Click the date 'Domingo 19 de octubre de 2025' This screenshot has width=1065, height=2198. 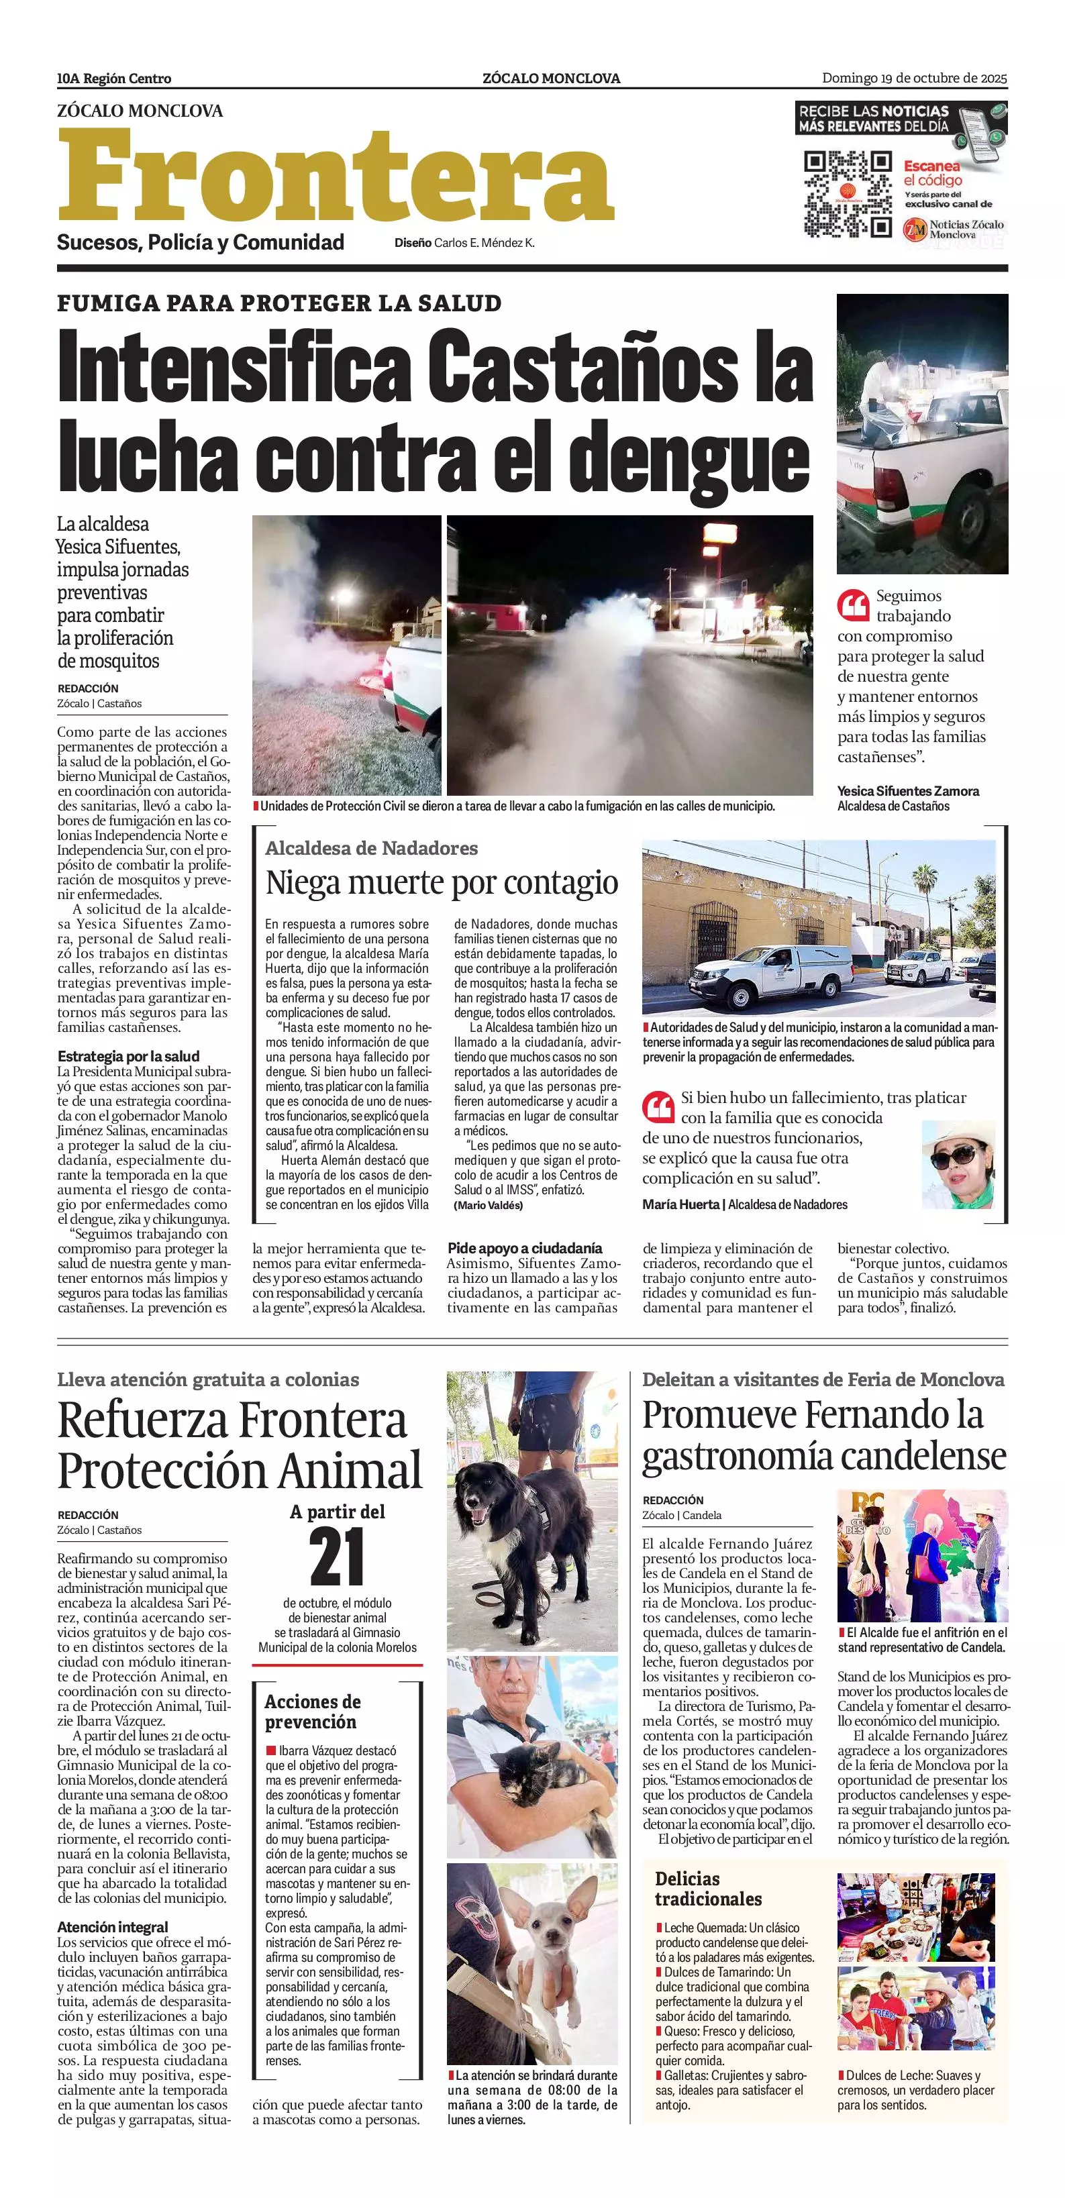coord(914,78)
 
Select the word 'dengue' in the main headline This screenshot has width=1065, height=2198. coord(689,458)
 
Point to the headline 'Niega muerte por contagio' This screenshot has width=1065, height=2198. coord(441,882)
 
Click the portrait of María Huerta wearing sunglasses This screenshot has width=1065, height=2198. coord(958,1164)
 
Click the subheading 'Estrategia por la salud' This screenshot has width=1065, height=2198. coord(128,1055)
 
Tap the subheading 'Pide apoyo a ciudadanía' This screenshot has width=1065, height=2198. coord(524,1247)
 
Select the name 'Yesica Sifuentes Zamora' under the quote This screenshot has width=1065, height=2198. coord(907,791)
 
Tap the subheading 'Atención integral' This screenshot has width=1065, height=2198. coord(112,1927)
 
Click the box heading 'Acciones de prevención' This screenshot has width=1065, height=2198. coord(312,1712)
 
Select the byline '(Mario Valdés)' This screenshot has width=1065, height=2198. coord(488,1205)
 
